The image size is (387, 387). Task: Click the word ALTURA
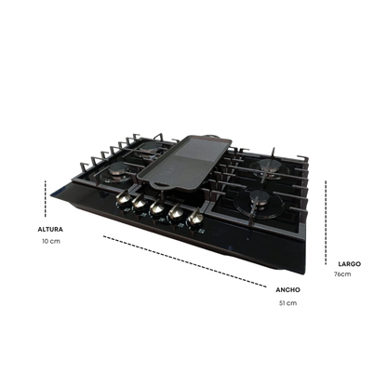(x=50, y=230)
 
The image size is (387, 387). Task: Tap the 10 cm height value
(x=51, y=241)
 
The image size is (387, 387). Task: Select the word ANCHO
(x=287, y=290)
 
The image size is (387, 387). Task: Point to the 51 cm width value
(x=287, y=303)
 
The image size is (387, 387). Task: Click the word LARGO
(x=350, y=264)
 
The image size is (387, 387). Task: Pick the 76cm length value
(x=342, y=274)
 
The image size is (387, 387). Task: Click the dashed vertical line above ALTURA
(x=46, y=198)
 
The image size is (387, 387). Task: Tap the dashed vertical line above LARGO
(x=326, y=222)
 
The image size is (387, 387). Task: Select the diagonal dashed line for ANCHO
(x=185, y=261)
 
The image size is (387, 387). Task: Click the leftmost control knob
(x=125, y=198)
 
